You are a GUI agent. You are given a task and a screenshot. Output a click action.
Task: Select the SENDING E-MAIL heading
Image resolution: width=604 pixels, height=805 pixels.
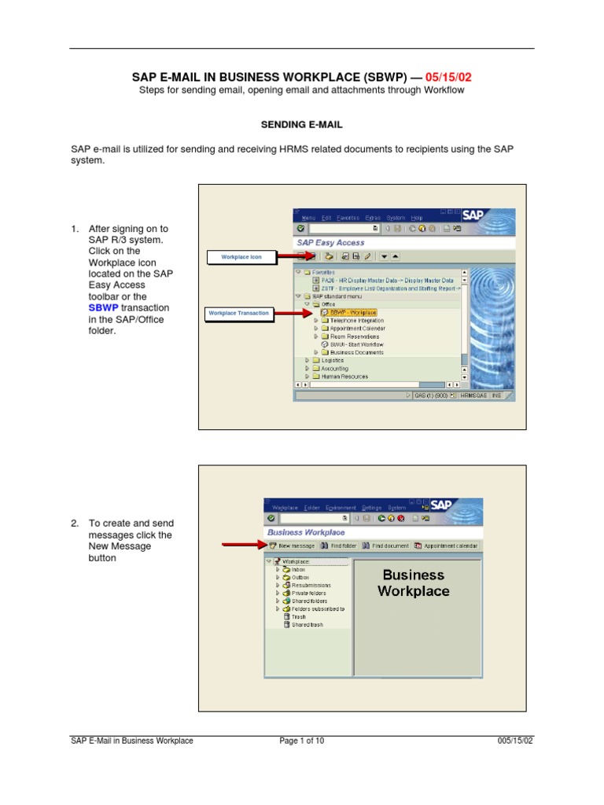(x=301, y=124)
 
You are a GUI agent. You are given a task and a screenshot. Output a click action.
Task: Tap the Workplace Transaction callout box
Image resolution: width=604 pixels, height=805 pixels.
(x=239, y=313)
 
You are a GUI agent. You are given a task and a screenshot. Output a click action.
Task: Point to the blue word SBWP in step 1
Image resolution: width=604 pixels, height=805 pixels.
(x=103, y=307)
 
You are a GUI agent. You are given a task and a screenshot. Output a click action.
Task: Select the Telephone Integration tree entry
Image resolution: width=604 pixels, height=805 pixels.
(x=357, y=321)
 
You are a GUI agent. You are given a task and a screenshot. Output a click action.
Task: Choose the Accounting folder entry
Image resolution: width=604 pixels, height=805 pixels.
(x=334, y=369)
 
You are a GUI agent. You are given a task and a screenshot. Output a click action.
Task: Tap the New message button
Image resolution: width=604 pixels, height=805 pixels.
(x=292, y=546)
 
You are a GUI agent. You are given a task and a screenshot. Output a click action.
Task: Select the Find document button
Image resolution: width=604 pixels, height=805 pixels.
(x=385, y=546)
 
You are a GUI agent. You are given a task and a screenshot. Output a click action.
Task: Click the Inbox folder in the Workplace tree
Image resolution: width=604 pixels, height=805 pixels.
(x=298, y=570)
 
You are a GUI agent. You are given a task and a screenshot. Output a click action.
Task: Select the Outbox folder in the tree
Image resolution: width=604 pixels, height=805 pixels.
(x=300, y=578)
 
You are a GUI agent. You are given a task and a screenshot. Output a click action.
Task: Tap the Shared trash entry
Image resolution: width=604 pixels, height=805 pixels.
(x=307, y=625)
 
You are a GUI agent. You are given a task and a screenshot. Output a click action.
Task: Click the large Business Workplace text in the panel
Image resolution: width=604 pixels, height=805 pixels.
(x=414, y=583)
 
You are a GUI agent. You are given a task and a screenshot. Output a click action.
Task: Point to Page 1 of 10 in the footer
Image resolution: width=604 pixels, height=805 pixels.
(x=302, y=741)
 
